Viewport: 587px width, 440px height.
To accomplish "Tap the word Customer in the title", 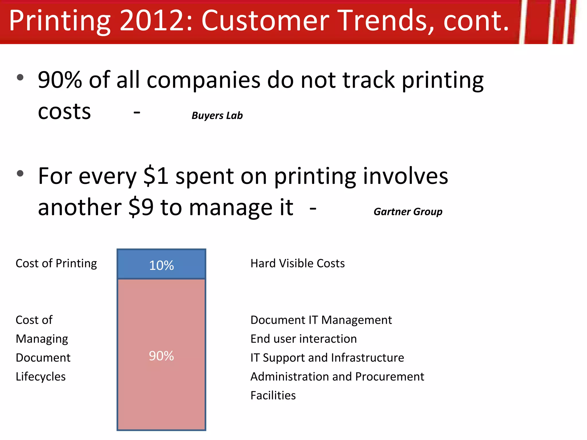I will [x=265, y=21].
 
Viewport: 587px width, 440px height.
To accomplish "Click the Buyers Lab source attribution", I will [x=217, y=115].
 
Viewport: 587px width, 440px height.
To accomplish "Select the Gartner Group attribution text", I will [x=408, y=212].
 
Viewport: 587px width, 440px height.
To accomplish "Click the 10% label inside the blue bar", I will [x=161, y=265].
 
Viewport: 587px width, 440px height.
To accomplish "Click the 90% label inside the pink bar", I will [x=161, y=356].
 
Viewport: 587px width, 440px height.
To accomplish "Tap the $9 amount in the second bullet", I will [x=141, y=207].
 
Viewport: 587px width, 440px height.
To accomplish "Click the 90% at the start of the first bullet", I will [x=60, y=80].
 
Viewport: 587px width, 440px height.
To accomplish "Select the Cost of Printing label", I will [x=56, y=263].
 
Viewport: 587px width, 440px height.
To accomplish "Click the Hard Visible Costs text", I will [x=298, y=263].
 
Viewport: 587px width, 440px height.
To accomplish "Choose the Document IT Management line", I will [x=321, y=320].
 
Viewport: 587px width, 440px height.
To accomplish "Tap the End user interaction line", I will [x=304, y=339].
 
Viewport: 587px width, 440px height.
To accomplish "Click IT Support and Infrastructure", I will [x=327, y=358].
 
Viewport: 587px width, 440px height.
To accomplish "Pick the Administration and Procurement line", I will [x=337, y=377].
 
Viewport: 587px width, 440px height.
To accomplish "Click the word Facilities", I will [x=273, y=396].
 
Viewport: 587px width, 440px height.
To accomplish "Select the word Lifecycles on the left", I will [x=41, y=377].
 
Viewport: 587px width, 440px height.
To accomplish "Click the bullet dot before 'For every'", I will [x=20, y=173].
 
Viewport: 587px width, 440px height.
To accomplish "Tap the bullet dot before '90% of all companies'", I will [x=20, y=77].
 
